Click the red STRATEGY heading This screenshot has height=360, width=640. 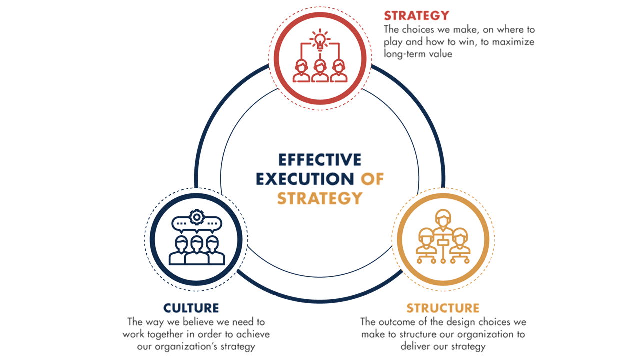pyautogui.click(x=416, y=15)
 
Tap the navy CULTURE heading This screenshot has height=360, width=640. pyautogui.click(x=191, y=308)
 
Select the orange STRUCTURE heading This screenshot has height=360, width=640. pyautogui.click(x=443, y=308)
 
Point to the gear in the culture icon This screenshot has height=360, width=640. pyautogui.click(x=198, y=217)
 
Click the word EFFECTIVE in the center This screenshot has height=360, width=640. pyautogui.click(x=319, y=160)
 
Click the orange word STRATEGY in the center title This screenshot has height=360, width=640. pyautogui.click(x=319, y=198)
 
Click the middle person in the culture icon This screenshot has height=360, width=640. pyautogui.click(x=197, y=249)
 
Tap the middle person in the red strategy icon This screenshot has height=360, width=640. pyautogui.click(x=320, y=70)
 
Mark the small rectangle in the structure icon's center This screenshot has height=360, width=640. pyautogui.click(x=443, y=243)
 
